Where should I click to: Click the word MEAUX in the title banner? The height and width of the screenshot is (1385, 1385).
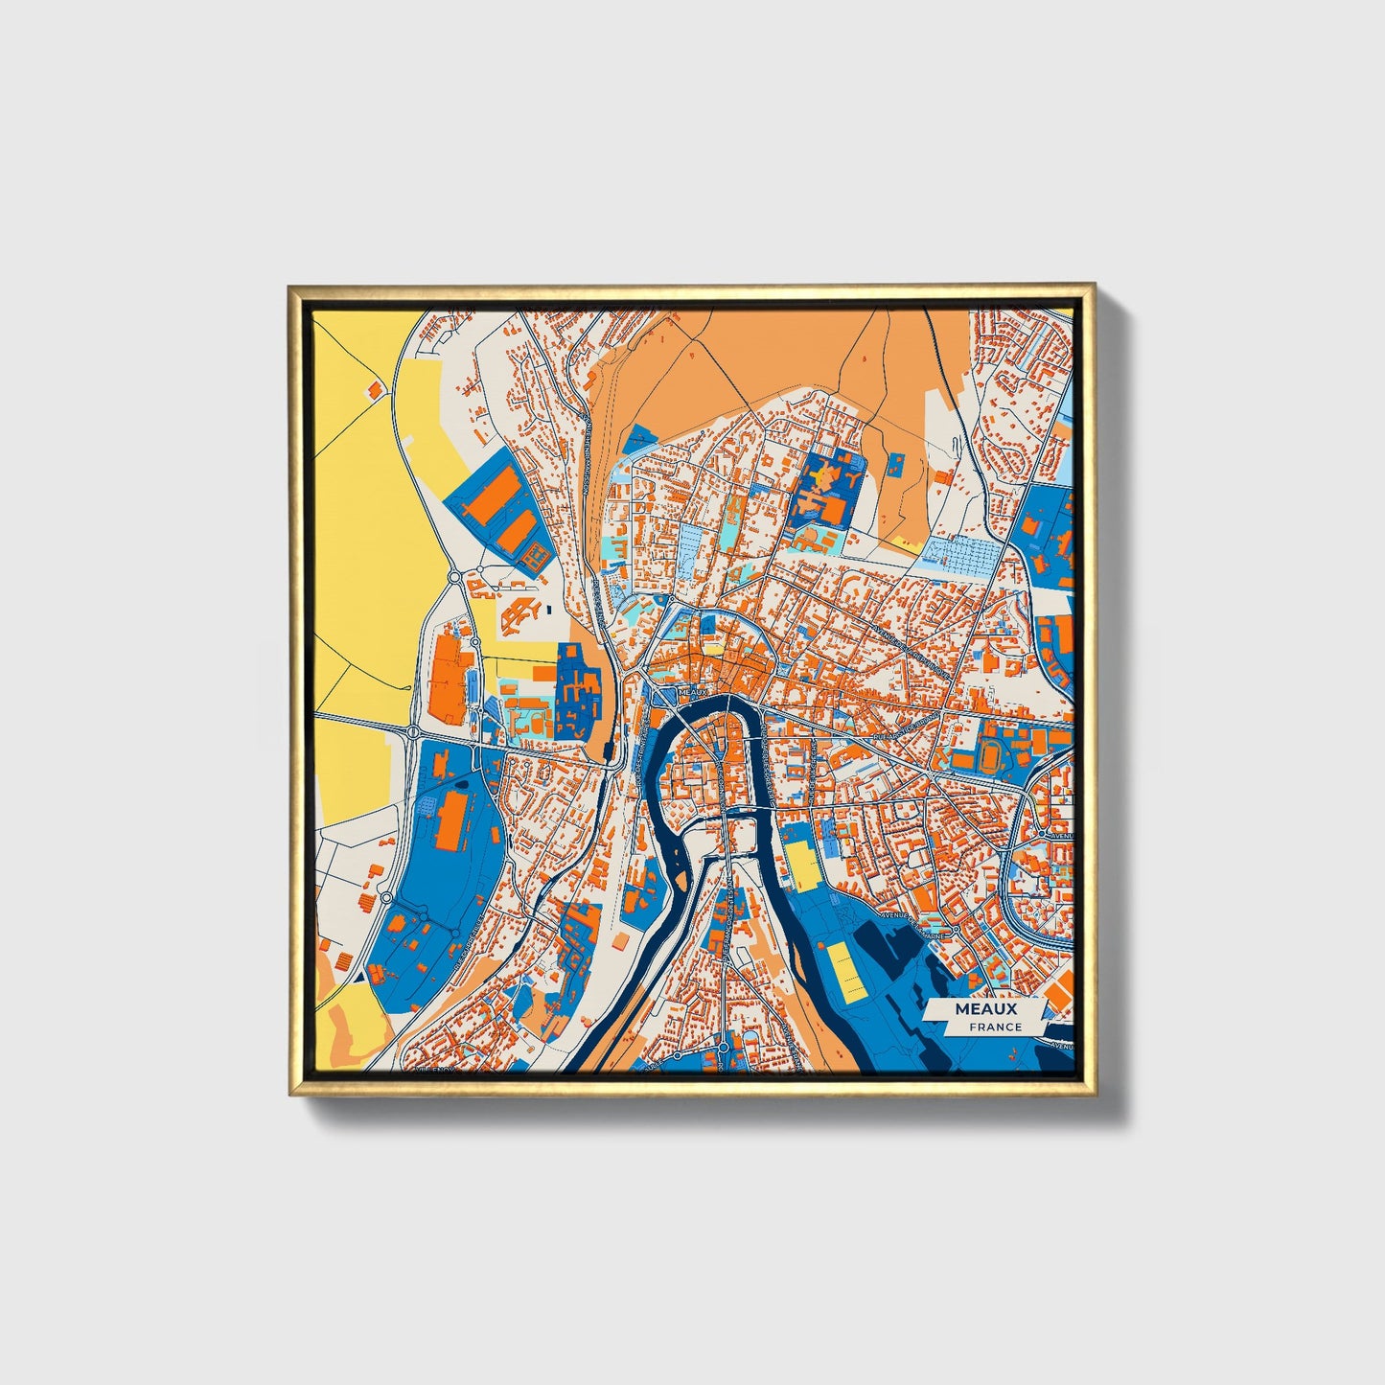985,1009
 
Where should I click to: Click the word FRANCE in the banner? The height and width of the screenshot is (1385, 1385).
995,1027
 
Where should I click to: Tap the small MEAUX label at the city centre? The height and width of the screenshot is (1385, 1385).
691,691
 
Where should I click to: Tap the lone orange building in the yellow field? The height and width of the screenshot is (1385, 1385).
374,388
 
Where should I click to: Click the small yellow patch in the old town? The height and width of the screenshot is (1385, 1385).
714,650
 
